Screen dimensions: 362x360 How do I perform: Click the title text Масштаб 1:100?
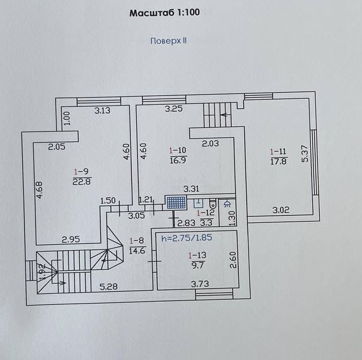tap(164, 12)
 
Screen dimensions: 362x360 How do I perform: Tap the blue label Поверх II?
tap(168, 41)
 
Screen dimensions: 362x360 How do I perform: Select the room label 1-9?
tap(81, 172)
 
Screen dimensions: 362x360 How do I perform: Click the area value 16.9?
tap(178, 160)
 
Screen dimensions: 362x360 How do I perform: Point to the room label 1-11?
tap(278, 152)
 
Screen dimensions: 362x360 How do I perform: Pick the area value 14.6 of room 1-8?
tap(137, 251)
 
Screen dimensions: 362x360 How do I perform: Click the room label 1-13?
tap(198, 256)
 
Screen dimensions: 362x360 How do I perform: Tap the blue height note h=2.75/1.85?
tap(187, 238)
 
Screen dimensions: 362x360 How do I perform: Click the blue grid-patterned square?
tap(176, 203)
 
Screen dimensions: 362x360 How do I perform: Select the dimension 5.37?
tap(305, 153)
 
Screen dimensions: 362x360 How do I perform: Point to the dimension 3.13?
tap(102, 111)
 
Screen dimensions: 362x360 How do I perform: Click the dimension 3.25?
tap(174, 109)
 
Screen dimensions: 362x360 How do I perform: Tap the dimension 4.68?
tap(40, 190)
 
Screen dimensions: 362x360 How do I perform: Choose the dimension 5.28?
tap(109, 287)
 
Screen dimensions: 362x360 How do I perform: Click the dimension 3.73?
tap(200, 284)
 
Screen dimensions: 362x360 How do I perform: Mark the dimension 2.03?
tap(210, 144)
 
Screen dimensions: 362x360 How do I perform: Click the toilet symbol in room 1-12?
tap(212, 203)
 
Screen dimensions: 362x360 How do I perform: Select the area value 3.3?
tap(206, 223)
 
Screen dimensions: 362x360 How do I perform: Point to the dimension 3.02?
tap(281, 210)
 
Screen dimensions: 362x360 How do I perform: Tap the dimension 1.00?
tap(67, 118)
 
